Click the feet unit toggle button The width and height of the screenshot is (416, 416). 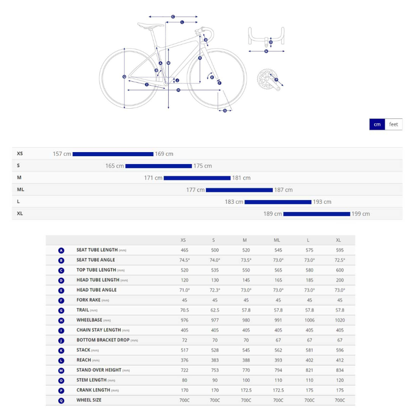(393, 124)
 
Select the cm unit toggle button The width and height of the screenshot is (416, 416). (377, 124)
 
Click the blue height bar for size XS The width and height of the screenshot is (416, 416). (113, 154)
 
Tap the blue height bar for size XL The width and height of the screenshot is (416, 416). (317, 214)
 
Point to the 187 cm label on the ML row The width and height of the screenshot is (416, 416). (283, 190)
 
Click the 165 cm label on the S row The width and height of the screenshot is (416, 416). (114, 166)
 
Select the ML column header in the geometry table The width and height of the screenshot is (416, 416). (277, 240)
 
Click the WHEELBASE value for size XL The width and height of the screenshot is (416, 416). (340, 320)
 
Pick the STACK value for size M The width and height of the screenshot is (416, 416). (246, 350)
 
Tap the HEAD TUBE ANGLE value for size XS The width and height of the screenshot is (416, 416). (184, 290)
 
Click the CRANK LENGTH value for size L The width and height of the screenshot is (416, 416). (309, 390)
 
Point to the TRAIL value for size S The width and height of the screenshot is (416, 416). (214, 310)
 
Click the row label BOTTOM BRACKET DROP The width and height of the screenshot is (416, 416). (103, 340)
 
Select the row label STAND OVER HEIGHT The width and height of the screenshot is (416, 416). (99, 370)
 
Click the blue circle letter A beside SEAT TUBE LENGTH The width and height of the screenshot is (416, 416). (61, 251)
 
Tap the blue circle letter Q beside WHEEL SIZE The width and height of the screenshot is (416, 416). (61, 401)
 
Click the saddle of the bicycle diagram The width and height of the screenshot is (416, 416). (150, 25)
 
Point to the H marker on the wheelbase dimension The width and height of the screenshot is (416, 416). (178, 90)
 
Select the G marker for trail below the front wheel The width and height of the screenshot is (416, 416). (225, 110)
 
